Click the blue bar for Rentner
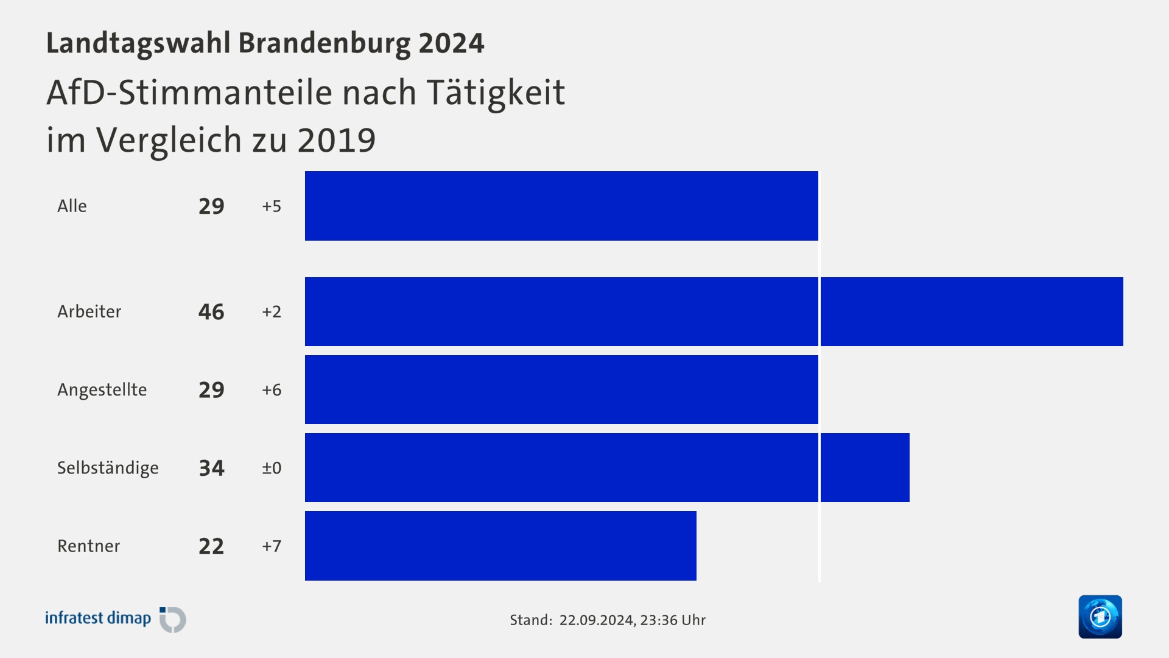click(500, 546)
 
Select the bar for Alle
click(561, 206)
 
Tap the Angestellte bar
click(561, 390)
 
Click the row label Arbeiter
click(90, 311)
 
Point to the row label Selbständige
click(108, 468)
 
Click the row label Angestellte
click(102, 390)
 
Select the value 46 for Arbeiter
click(211, 312)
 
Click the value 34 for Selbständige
click(211, 468)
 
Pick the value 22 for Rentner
click(211, 546)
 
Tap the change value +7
click(272, 546)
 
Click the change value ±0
click(272, 468)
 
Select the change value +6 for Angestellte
click(272, 390)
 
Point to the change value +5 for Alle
click(272, 206)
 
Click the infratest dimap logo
click(115, 618)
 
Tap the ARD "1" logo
click(1100, 617)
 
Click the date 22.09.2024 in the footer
click(596, 620)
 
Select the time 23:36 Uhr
click(673, 620)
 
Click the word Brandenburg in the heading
click(325, 43)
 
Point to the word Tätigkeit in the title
click(496, 93)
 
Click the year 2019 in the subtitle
click(336, 140)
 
